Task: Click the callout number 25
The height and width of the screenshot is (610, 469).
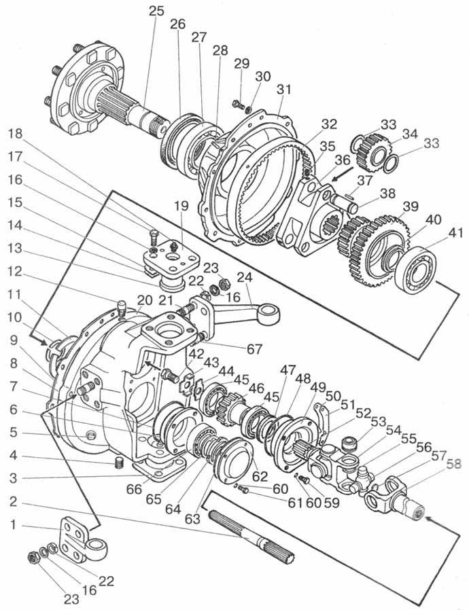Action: tap(156, 11)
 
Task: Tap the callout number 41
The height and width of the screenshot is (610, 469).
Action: tap(455, 233)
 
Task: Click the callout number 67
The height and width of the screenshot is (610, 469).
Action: tap(254, 349)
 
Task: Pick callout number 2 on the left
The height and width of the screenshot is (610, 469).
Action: tap(13, 502)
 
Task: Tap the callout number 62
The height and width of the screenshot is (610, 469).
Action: tap(260, 476)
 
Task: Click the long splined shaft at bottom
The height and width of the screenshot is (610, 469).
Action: tap(251, 537)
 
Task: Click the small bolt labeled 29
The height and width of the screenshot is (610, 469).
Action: tap(237, 104)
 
